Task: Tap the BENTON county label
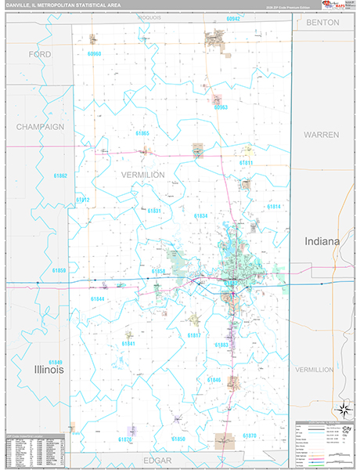click(x=322, y=23)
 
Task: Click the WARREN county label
click(x=321, y=135)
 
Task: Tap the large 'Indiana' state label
click(x=322, y=242)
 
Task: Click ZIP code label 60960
click(x=95, y=53)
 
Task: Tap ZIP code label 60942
click(x=232, y=18)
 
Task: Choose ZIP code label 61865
click(x=142, y=134)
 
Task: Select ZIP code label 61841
click(x=128, y=344)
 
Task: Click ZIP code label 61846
click(x=214, y=379)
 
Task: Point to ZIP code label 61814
click(x=274, y=206)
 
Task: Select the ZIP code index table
click(x=33, y=448)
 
